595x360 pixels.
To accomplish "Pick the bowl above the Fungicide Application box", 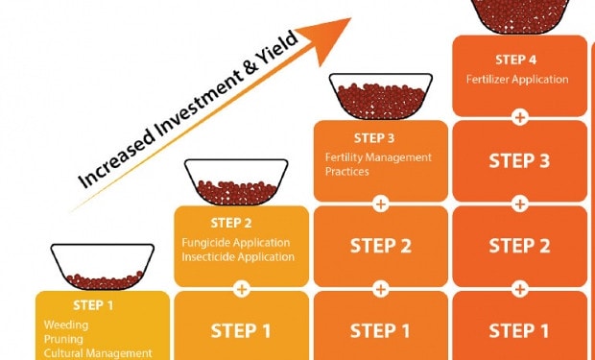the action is [236, 181].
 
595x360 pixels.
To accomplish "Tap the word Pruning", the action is [63, 339].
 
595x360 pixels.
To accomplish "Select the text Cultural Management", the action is [98, 353].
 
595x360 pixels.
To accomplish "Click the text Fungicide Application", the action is [236, 243].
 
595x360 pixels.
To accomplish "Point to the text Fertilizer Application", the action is [517, 79].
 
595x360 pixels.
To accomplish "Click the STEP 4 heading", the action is [517, 60].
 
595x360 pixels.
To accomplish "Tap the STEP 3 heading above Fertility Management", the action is [374, 138].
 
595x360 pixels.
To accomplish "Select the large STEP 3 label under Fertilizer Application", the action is [519, 160].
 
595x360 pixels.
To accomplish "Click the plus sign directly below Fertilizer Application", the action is [519, 118].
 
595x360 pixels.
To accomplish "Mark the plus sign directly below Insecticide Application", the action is [242, 287].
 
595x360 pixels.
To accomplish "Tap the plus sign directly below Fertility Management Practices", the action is [381, 204].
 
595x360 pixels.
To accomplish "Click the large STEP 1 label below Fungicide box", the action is [242, 331].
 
